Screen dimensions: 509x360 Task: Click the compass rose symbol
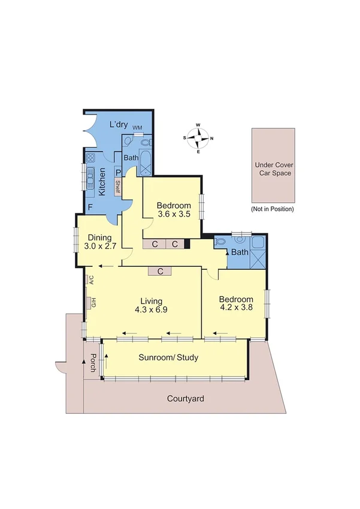(198, 138)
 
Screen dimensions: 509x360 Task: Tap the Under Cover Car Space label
(273, 169)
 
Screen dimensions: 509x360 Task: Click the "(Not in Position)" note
(273, 209)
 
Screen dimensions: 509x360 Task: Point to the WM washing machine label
(137, 128)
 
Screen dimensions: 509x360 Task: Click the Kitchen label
(102, 182)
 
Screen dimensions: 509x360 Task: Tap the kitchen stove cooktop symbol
(91, 159)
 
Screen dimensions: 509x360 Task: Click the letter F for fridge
(90, 207)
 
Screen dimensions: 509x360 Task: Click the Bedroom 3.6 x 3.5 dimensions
(174, 213)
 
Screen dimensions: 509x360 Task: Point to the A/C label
(92, 280)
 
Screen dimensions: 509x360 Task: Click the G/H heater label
(93, 303)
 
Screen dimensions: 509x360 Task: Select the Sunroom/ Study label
(168, 357)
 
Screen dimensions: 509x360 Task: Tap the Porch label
(93, 363)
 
